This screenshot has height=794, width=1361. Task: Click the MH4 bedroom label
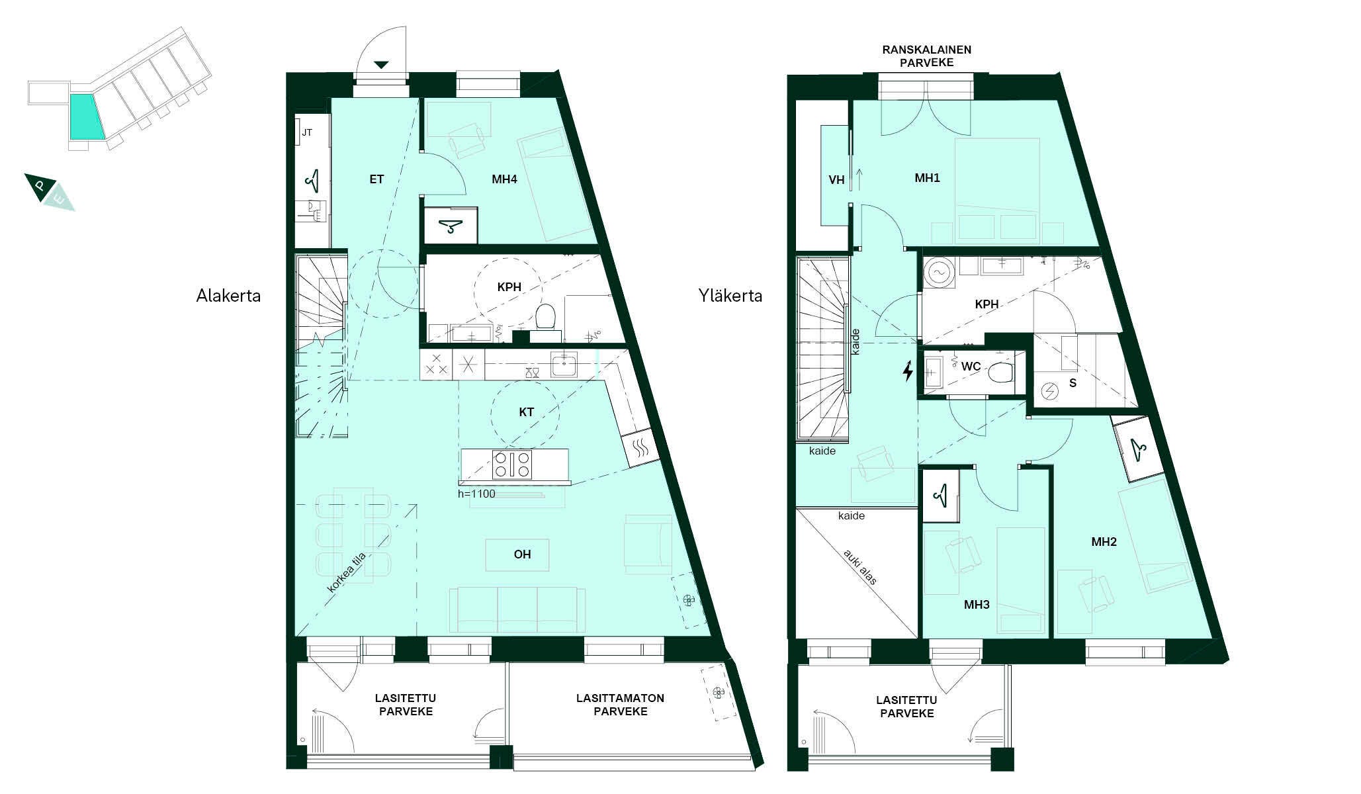[x=504, y=179]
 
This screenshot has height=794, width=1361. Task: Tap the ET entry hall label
[x=376, y=179]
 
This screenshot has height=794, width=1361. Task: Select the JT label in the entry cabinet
[x=307, y=132]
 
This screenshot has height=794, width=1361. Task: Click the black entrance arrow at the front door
[x=381, y=64]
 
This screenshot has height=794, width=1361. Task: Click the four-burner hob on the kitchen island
[x=513, y=464]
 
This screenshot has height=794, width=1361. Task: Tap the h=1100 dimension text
[x=476, y=494]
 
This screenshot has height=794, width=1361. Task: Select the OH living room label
[x=522, y=554]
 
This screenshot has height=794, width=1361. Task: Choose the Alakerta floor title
[x=228, y=296]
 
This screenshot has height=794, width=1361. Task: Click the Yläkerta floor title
[x=730, y=296]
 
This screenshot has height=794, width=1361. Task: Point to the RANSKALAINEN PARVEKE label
[x=927, y=56]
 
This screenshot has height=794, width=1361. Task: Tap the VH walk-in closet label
[x=836, y=179]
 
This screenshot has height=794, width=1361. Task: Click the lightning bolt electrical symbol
[x=908, y=371]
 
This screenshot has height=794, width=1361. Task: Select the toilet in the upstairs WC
[x=1003, y=373]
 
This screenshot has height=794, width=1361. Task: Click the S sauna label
[x=1073, y=383]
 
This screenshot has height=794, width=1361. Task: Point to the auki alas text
[x=860, y=567]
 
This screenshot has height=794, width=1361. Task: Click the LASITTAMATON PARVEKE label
[x=620, y=705]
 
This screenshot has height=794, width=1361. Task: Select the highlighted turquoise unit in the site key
[x=86, y=116]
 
